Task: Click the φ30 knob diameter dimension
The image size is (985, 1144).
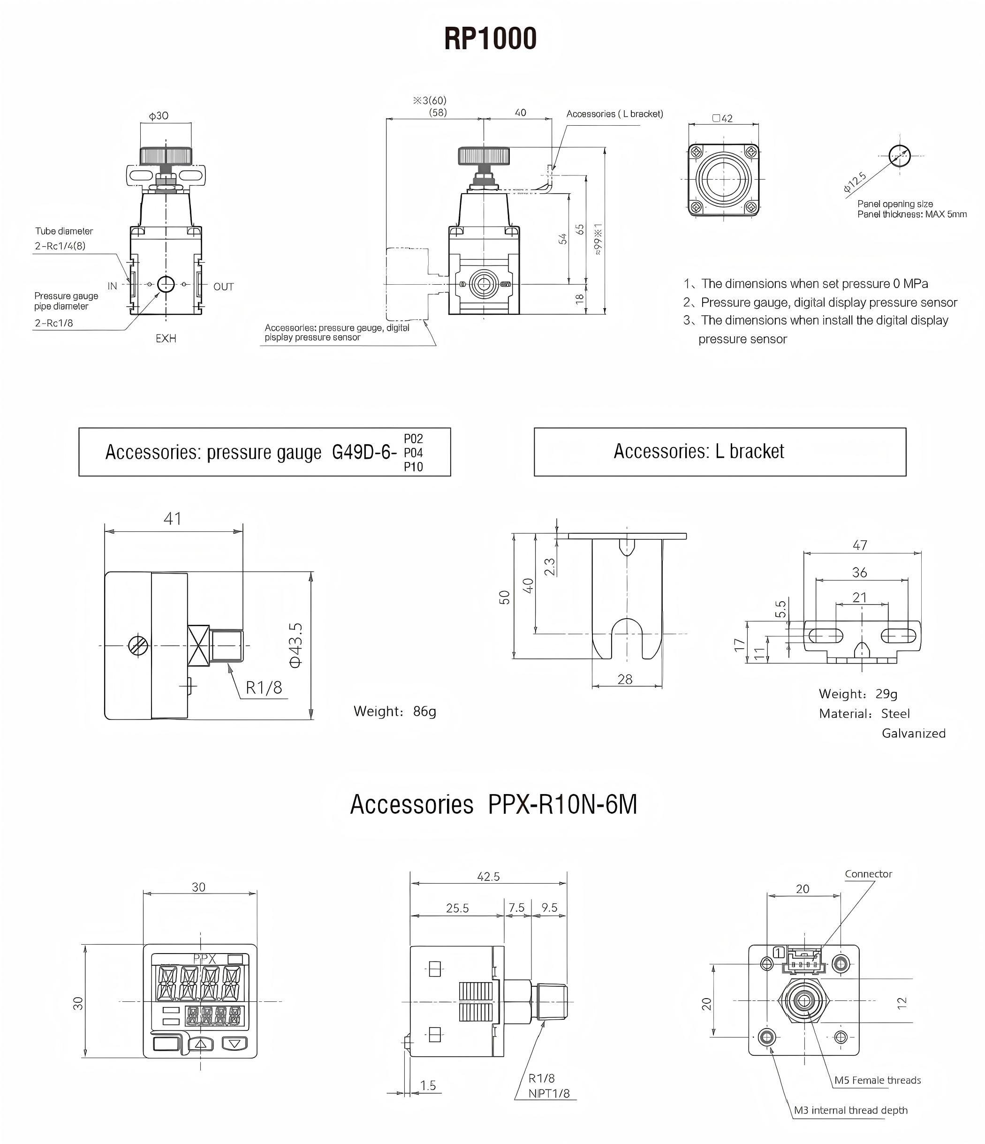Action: click(159, 116)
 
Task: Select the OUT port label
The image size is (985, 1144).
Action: click(224, 287)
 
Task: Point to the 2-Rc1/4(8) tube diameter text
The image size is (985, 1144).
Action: click(60, 246)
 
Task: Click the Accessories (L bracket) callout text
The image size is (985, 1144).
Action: click(614, 114)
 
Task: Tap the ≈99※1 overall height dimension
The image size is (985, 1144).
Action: click(599, 239)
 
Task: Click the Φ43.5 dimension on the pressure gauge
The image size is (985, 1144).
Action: click(296, 645)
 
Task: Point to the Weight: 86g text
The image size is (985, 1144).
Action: click(395, 711)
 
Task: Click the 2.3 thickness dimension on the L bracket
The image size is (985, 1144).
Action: click(550, 567)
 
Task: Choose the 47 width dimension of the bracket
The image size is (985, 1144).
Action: click(860, 545)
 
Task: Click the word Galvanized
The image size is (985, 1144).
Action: click(913, 733)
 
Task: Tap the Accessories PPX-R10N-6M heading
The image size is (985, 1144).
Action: click(493, 804)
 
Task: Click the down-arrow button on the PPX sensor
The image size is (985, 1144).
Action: click(235, 1044)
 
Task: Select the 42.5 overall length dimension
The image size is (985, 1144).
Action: click(488, 876)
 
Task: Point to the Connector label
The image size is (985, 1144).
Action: click(868, 873)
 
